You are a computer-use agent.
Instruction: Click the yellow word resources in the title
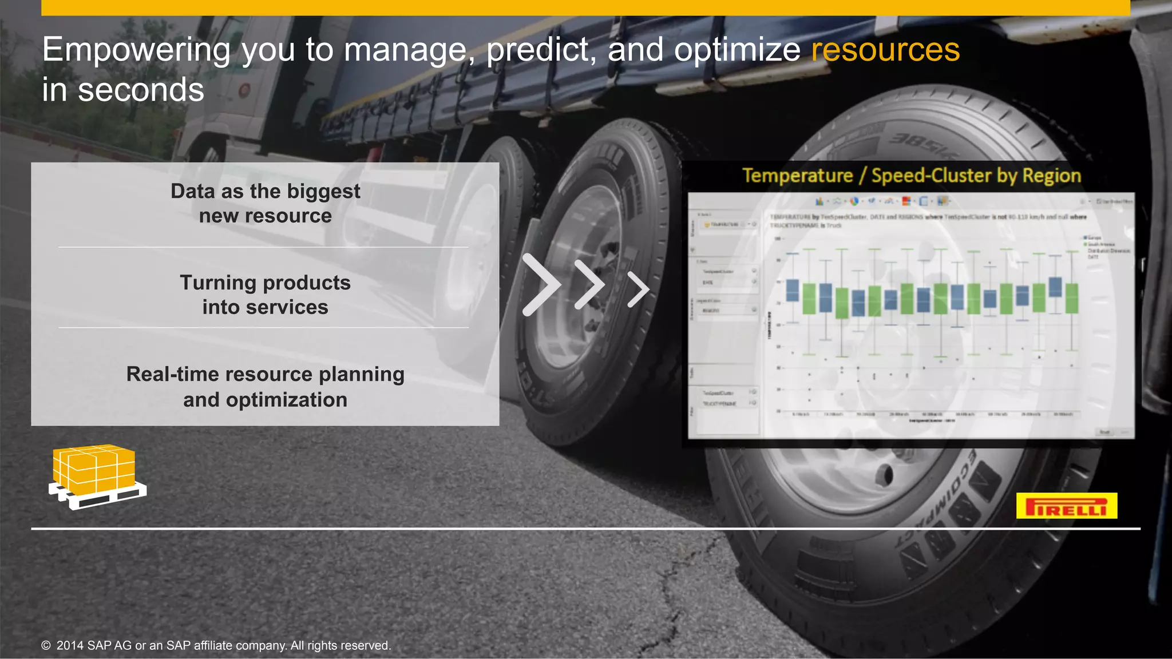click(x=885, y=50)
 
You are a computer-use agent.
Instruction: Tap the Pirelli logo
click(x=1066, y=506)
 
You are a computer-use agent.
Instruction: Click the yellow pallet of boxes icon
click(x=96, y=477)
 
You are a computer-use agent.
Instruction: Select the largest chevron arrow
click(x=540, y=285)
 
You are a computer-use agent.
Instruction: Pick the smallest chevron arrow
click(x=638, y=289)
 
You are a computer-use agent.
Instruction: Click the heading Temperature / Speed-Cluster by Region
click(x=911, y=176)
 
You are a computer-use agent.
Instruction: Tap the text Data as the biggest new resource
click(x=265, y=203)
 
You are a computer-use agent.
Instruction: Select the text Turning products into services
click(x=265, y=295)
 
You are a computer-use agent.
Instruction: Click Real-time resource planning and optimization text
click(x=265, y=387)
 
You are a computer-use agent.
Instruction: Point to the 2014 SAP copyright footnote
click(x=216, y=645)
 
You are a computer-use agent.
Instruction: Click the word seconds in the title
click(x=141, y=90)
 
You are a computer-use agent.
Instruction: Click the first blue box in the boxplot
click(x=792, y=290)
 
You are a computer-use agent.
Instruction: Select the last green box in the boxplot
click(x=1071, y=298)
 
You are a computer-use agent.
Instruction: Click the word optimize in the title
click(x=737, y=50)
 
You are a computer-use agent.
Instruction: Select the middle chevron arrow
click(x=589, y=285)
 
